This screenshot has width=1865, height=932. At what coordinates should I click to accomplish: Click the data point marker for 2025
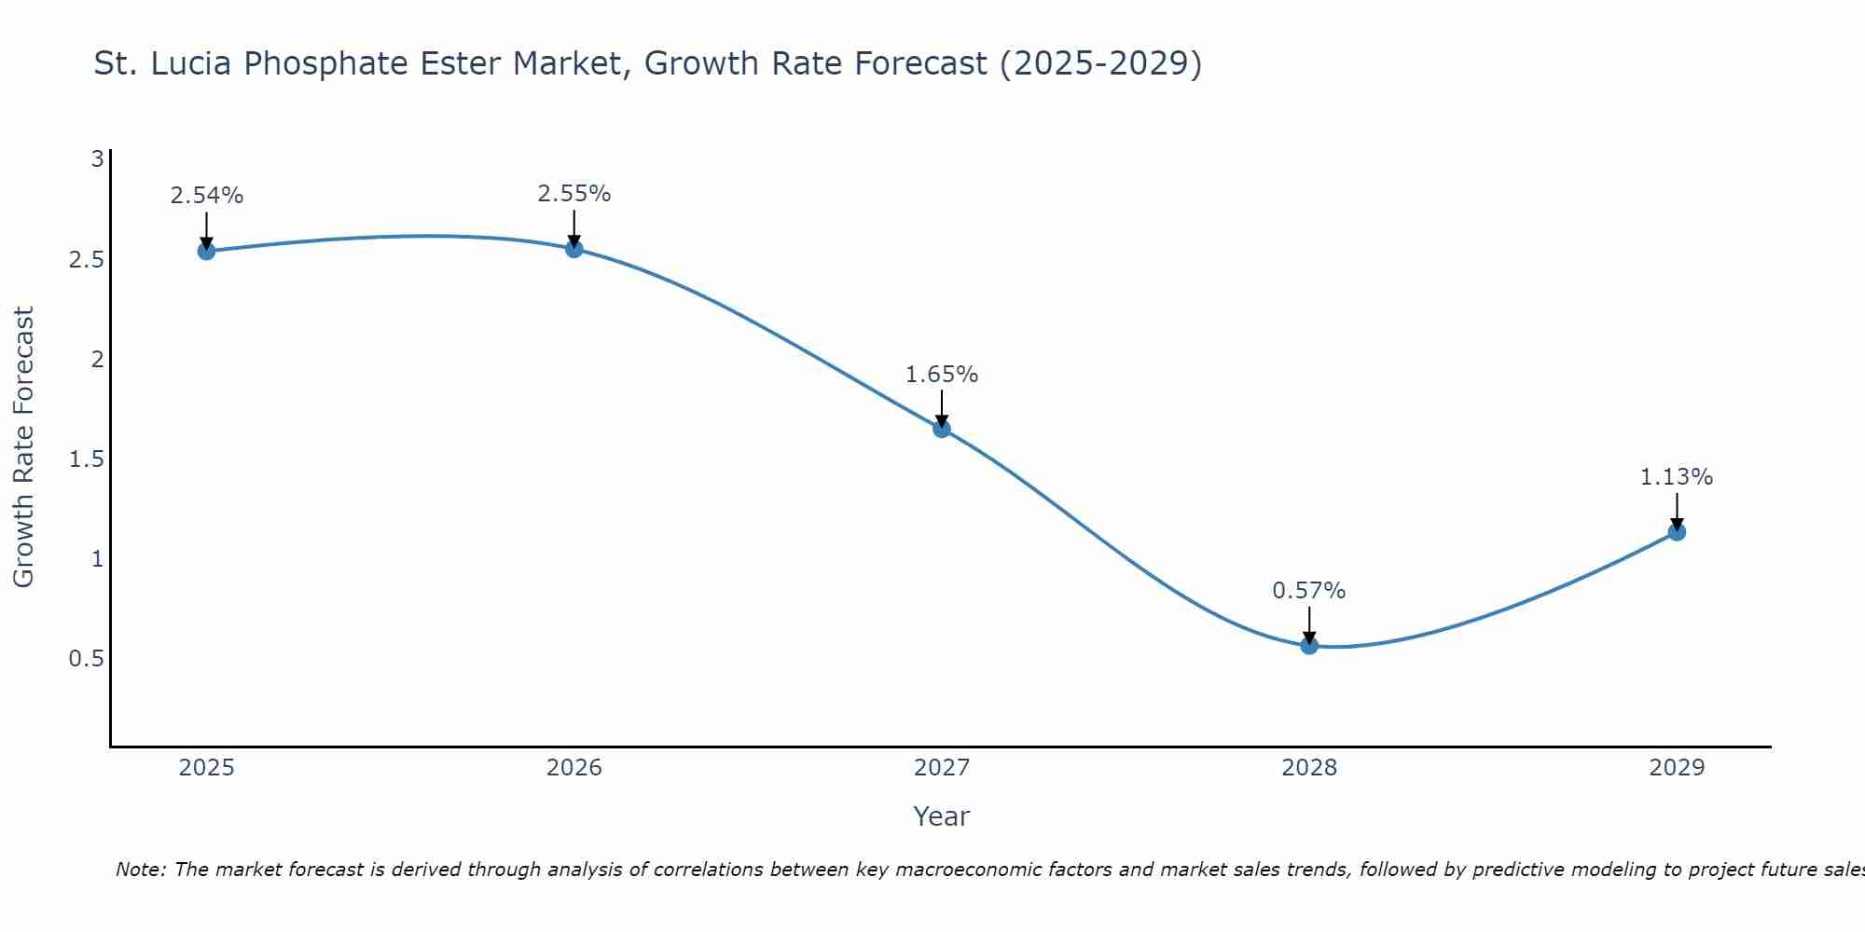pos(207,251)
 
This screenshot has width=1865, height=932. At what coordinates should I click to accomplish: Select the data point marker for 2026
pos(574,249)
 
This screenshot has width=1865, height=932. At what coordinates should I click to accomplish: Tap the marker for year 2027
pos(942,429)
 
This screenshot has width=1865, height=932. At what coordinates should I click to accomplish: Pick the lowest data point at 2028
pos(1309,645)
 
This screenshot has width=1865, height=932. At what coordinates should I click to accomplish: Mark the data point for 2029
pos(1677,532)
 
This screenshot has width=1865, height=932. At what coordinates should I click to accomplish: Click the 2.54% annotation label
pos(207,196)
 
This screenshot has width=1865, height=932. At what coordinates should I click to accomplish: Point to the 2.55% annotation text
pos(574,194)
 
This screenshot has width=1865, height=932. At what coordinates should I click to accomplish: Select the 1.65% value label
pos(942,375)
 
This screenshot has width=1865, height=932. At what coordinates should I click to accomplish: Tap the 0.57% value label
pos(1309,591)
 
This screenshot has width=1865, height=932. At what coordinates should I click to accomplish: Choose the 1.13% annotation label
pos(1677,477)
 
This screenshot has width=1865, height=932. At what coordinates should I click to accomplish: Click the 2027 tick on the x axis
pos(942,768)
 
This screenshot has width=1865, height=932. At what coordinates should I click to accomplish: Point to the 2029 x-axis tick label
pos(1677,768)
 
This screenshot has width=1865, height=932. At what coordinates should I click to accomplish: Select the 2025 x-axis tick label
pos(207,768)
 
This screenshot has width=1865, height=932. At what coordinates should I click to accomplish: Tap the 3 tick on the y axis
pos(97,159)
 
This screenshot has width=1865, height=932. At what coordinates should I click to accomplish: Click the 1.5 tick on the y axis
pos(86,459)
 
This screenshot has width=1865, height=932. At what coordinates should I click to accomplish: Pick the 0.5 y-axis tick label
pos(86,659)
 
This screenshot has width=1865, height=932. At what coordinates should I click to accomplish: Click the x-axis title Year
pos(942,816)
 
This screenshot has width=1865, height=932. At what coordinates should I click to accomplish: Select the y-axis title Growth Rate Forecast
pos(23,447)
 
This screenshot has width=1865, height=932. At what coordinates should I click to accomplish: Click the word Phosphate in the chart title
pos(389,64)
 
